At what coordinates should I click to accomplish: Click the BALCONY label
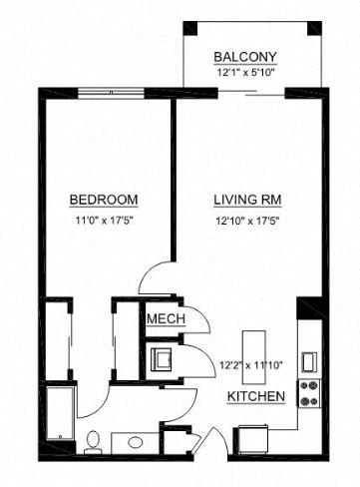pyautogui.click(x=245, y=57)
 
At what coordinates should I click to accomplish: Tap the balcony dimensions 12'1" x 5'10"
pyautogui.click(x=245, y=72)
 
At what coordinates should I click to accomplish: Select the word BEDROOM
pyautogui.click(x=104, y=199)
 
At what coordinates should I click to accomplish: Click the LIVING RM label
pyautogui.click(x=243, y=199)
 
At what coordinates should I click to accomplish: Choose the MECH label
pyautogui.click(x=162, y=319)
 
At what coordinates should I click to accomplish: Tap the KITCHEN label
pyautogui.click(x=256, y=397)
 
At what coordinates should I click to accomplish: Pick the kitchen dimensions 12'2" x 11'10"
pyautogui.click(x=249, y=364)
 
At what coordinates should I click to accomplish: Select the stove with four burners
pyautogui.click(x=308, y=393)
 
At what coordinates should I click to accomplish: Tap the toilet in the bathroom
pyautogui.click(x=92, y=438)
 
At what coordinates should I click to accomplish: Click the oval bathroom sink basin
pyautogui.click(x=133, y=440)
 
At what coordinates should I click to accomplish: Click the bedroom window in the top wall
pyautogui.click(x=110, y=94)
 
